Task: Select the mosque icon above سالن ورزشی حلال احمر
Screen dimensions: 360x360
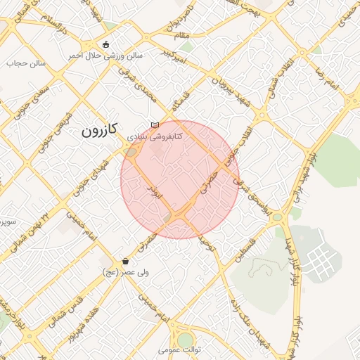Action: click(x=105, y=45)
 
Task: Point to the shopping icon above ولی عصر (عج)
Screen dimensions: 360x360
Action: click(x=125, y=261)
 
